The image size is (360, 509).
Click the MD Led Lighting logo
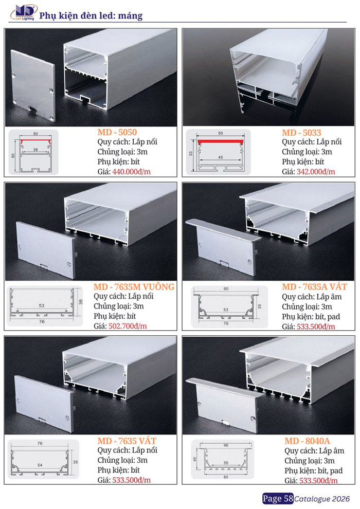pyautogui.click(x=23, y=13)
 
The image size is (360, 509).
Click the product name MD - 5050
pyautogui.click(x=117, y=132)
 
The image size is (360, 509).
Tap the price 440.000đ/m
pyautogui.click(x=132, y=172)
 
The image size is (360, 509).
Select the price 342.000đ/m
pyautogui.click(x=316, y=172)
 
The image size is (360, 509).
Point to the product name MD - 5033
pyautogui.click(x=301, y=133)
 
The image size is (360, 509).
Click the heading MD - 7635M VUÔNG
pyautogui.click(x=134, y=287)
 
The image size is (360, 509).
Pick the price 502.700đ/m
pyautogui.click(x=128, y=326)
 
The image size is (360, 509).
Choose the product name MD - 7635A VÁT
pyautogui.click(x=315, y=287)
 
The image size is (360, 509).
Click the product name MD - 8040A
pyautogui.click(x=308, y=441)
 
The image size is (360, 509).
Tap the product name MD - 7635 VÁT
pyautogui.click(x=127, y=441)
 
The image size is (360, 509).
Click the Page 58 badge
pyautogui.click(x=278, y=499)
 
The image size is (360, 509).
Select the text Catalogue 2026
pyautogui.click(x=322, y=499)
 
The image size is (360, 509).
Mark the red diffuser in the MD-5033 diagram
pyautogui.click(x=221, y=141)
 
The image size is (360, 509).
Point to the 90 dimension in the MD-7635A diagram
pyautogui.click(x=226, y=288)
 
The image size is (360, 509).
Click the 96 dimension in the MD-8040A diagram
pyautogui.click(x=226, y=445)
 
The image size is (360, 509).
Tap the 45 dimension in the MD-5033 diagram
pyautogui.click(x=221, y=157)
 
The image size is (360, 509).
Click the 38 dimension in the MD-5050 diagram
pyautogui.click(x=35, y=150)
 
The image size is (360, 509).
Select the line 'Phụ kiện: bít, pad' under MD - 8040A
pyautogui.click(x=314, y=470)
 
